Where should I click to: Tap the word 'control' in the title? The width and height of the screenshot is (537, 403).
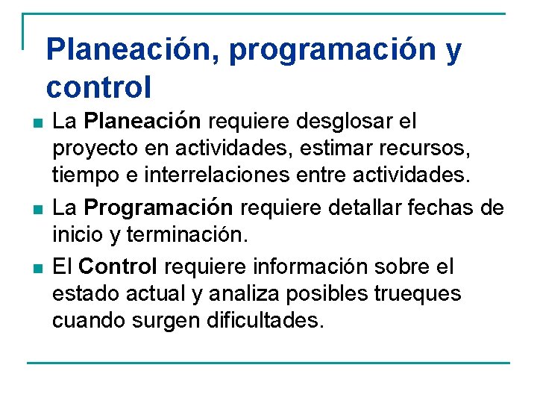pyautogui.click(x=98, y=87)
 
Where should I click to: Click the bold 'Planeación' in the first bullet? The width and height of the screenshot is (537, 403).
pyautogui.click(x=142, y=120)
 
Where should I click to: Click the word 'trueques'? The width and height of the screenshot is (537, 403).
pyautogui.click(x=415, y=294)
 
